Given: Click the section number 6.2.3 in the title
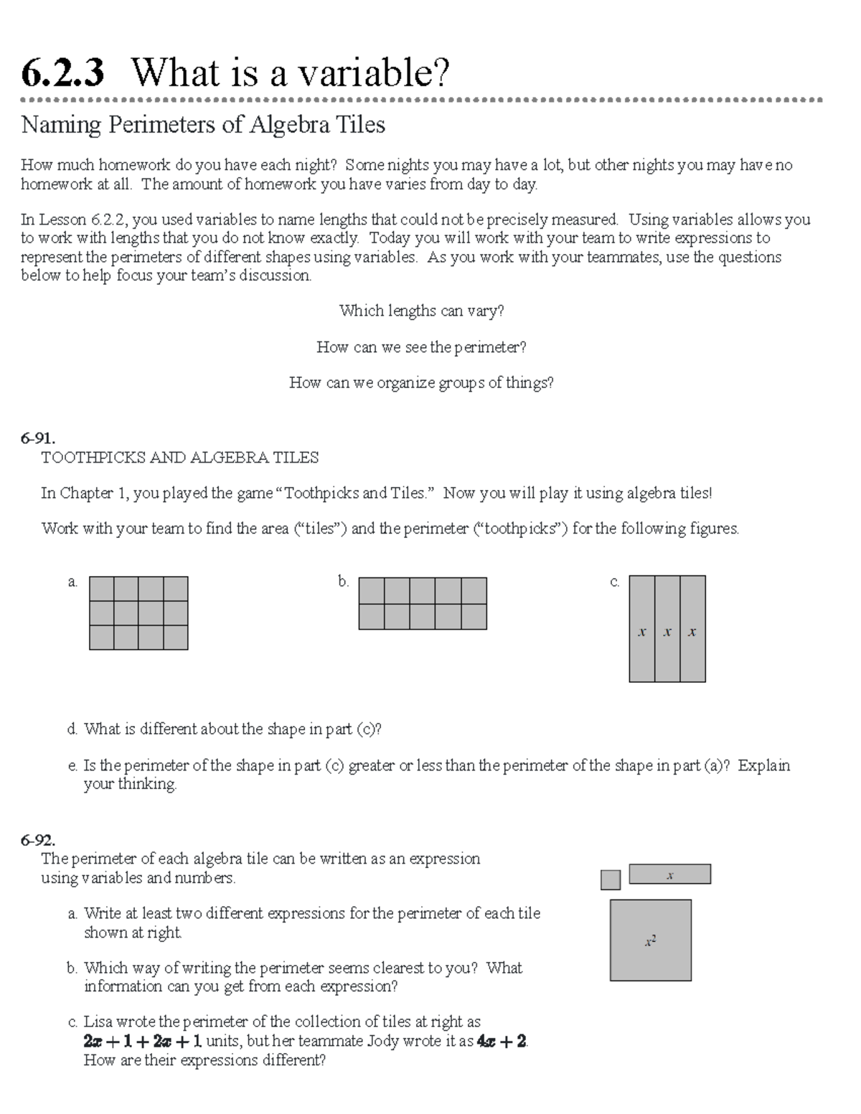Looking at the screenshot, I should click(x=62, y=73).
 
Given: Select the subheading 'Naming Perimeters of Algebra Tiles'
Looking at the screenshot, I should click(x=203, y=125).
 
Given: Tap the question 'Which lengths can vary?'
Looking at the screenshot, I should click(x=421, y=311).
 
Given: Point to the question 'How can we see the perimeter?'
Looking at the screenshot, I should click(x=421, y=347).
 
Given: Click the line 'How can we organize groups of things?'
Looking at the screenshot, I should click(x=421, y=383).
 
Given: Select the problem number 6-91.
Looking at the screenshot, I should click(x=38, y=438).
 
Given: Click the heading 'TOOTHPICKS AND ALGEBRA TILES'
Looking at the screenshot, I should click(x=179, y=458).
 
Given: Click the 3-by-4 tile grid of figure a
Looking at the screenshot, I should click(x=138, y=613).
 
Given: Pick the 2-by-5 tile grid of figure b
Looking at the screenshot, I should click(x=422, y=603).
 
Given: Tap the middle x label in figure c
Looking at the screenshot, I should click(x=667, y=632).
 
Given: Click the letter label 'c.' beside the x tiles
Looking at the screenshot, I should click(x=614, y=582).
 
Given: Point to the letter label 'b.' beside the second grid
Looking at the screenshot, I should click(x=344, y=582).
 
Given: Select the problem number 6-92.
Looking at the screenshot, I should click(x=38, y=839).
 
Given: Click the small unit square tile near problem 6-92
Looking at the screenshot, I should click(x=610, y=879).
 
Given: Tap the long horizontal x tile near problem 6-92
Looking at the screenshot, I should click(x=669, y=874).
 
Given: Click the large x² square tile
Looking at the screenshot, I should click(x=650, y=940).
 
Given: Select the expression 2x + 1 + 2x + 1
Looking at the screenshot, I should click(x=143, y=1042).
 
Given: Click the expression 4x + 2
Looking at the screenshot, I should click(x=502, y=1042).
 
